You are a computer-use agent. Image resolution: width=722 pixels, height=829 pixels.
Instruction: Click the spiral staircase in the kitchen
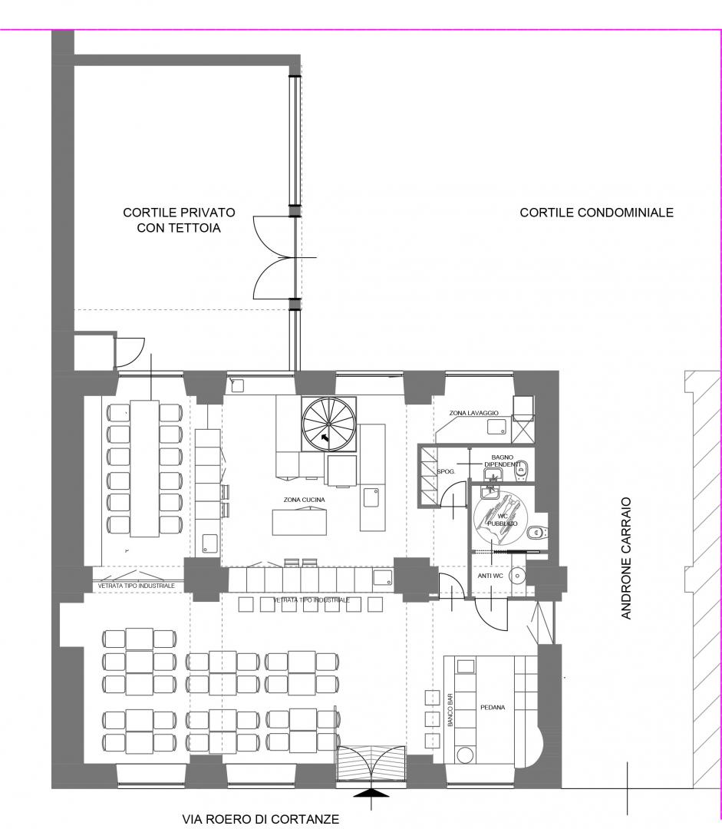328,424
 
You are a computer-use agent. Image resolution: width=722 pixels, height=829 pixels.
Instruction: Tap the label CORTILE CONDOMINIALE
597,213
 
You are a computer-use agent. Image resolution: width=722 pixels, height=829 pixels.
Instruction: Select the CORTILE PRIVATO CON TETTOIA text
180,220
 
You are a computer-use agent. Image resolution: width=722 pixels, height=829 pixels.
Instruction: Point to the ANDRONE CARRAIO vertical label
626,558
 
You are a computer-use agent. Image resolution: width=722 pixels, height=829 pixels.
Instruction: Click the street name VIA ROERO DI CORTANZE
261,819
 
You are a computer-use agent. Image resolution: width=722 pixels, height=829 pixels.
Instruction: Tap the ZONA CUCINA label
305,500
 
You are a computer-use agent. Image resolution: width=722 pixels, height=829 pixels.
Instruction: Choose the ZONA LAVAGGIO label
473,413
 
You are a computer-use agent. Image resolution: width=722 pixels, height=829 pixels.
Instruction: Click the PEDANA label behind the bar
493,707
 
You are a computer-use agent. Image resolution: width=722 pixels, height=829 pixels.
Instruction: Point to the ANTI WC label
490,576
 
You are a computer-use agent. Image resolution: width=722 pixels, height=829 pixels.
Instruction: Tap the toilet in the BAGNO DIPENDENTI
521,468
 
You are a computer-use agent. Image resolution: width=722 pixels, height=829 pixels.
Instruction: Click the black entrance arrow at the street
371,793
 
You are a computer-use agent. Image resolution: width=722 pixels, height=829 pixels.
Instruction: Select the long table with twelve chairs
145,468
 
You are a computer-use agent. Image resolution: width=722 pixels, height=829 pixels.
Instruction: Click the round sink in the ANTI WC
517,576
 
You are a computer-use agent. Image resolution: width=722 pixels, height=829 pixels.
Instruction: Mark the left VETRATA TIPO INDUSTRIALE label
137,586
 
